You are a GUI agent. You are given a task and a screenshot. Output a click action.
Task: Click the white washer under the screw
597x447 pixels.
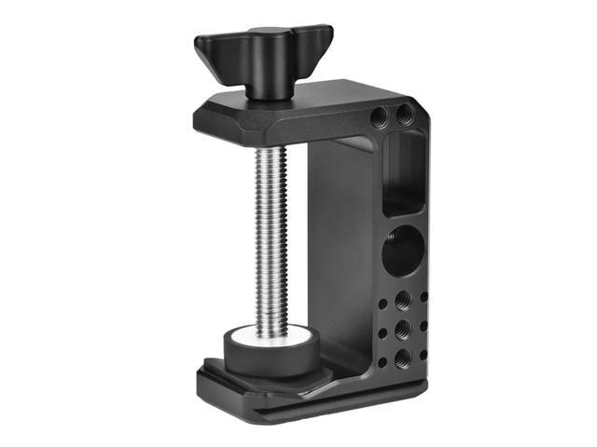(268, 331)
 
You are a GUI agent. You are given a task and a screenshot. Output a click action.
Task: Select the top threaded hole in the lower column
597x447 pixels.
(403, 301)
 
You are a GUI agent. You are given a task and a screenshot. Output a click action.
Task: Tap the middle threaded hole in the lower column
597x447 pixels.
(403, 329)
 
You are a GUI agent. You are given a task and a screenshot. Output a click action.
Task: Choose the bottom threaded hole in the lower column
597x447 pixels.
(402, 358)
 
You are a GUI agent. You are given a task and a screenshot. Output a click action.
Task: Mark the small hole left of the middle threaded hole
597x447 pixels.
(382, 330)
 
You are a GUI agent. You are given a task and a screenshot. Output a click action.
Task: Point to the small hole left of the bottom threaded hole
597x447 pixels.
(382, 361)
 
